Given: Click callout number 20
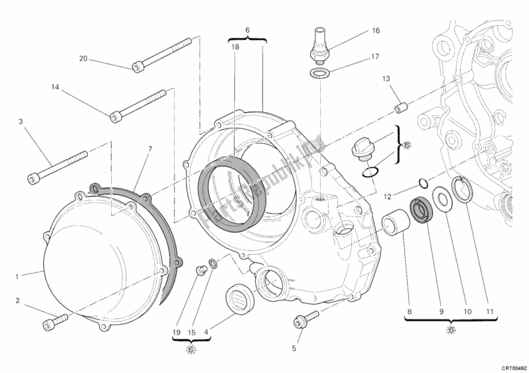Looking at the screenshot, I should pyautogui.click(x=83, y=59).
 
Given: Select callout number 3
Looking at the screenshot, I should pyautogui.click(x=20, y=121).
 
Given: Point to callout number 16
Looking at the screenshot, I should pyautogui.click(x=376, y=30).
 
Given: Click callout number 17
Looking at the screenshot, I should pyautogui.click(x=374, y=56).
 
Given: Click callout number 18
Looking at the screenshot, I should pyautogui.click(x=235, y=47).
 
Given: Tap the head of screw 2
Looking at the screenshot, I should pyautogui.click(x=48, y=324).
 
